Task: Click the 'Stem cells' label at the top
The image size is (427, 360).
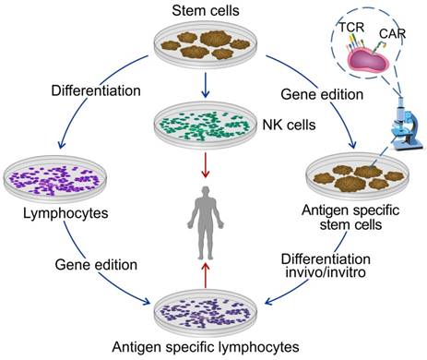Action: pos(206,10)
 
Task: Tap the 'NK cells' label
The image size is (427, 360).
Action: pos(289,125)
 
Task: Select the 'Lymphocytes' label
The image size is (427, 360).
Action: pos(65,213)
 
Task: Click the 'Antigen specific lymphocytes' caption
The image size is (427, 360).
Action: pos(206,347)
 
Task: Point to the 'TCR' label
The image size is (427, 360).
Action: pos(351,27)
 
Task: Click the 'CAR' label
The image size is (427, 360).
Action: pos(393,33)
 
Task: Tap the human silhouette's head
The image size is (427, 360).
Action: pos(206,192)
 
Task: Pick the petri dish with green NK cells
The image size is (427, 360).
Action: pos(206,126)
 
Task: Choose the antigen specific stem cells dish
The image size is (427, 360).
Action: pos(358,177)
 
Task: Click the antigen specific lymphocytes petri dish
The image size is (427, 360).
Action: pos(206,313)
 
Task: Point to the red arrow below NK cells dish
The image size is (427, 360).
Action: pos(206,164)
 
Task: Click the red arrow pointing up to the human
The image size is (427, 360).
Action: pos(206,275)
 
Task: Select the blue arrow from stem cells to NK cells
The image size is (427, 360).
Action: pos(206,85)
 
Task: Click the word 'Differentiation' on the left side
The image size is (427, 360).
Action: pos(96,90)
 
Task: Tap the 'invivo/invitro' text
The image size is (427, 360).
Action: pos(326,272)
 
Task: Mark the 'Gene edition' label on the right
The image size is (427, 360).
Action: pos(322,94)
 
